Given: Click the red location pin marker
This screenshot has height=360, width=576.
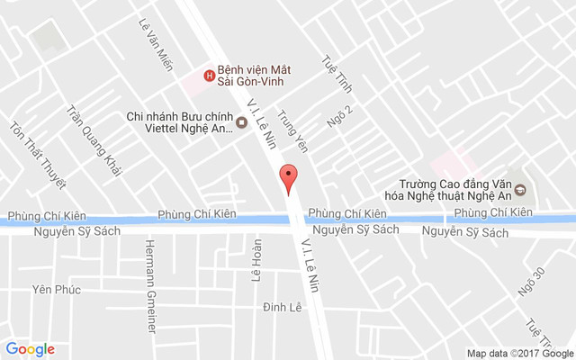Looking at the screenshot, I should tap(288, 179).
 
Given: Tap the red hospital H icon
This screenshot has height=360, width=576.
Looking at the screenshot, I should tap(210, 76).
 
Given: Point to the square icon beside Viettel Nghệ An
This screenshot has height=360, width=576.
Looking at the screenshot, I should tap(241, 122).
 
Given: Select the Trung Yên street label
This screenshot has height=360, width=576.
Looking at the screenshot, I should tap(292, 131).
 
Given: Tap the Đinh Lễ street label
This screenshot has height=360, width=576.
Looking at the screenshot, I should tap(282, 308).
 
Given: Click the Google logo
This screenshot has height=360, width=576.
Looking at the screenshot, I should tap(30, 349).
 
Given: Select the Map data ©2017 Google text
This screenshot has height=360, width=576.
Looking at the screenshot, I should tap(519, 353).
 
